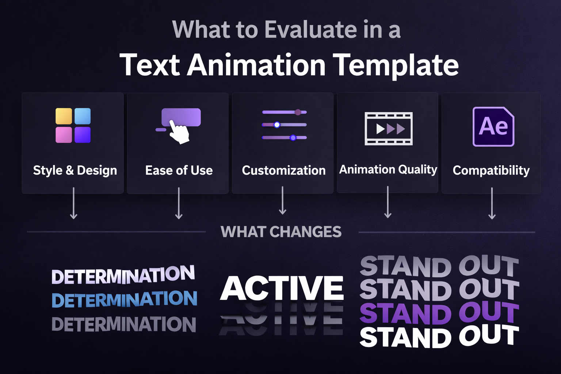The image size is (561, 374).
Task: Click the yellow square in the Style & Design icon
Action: click(64, 116)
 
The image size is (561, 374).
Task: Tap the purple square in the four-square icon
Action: click(83, 135)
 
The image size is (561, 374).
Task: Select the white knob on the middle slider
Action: click(277, 125)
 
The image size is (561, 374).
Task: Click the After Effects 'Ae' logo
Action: click(493, 127)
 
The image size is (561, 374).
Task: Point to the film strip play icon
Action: click(389, 129)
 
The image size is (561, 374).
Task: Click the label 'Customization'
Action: click(283, 171)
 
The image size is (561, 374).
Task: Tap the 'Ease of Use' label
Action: click(179, 171)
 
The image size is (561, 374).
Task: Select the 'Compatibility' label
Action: click(491, 171)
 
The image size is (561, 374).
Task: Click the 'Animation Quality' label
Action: click(388, 169)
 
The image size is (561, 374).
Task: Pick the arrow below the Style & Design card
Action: click(73, 203)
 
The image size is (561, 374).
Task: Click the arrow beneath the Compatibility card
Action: click(492, 203)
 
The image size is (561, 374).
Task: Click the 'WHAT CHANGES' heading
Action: click(281, 232)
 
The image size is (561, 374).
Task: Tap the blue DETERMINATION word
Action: click(124, 299)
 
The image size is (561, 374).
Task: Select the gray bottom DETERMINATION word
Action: click(124, 324)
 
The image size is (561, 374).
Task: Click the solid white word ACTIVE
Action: click(282, 288)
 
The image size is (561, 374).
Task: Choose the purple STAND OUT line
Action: click(439, 313)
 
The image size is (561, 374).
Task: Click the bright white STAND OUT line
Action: click(439, 337)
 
